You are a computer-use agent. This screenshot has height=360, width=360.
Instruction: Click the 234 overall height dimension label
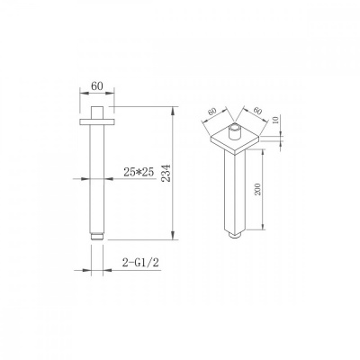point(166,173)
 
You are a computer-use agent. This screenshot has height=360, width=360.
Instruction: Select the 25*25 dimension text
point(139,172)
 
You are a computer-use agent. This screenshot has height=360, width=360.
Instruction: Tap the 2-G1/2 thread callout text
point(140,263)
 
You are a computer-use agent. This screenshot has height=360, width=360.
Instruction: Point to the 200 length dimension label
point(257,189)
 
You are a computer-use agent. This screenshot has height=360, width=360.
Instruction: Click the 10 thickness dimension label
point(276,121)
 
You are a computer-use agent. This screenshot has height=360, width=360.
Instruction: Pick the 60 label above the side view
point(97,86)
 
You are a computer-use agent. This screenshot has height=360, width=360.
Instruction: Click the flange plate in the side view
point(97,121)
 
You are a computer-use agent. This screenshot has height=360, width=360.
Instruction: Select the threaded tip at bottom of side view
point(97,237)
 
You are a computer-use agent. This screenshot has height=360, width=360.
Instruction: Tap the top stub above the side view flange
point(97,112)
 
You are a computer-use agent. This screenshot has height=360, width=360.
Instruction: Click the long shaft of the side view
point(97,179)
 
